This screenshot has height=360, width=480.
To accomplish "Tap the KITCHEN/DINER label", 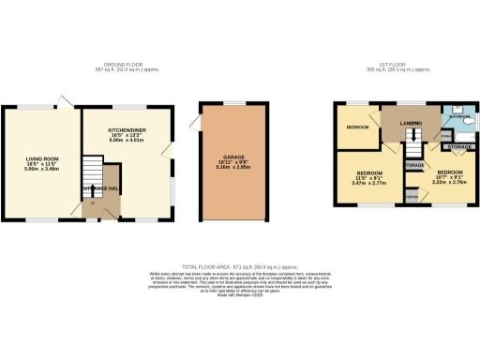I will click(x=127, y=134).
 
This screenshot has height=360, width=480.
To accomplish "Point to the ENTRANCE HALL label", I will click(x=99, y=189).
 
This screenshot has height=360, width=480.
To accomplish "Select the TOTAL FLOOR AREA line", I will click(x=240, y=267).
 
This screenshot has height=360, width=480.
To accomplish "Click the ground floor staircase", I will click(x=89, y=174).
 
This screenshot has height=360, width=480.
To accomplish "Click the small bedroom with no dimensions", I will click(x=357, y=127).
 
